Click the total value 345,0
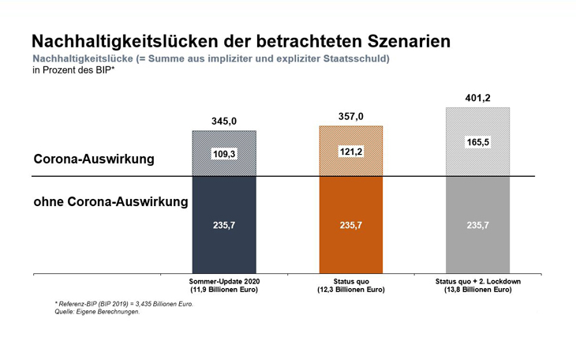click(x=224, y=122)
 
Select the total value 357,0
click(x=350, y=117)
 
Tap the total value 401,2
click(x=477, y=99)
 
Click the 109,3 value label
click(x=224, y=153)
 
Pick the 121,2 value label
click(x=350, y=151)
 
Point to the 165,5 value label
click(x=477, y=142)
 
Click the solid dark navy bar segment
click(x=224, y=245)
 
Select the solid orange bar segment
click(x=350, y=245)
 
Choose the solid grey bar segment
click(x=477, y=245)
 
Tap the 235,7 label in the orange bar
click(x=350, y=225)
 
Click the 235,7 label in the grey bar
click(x=477, y=225)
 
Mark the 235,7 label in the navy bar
click(x=224, y=225)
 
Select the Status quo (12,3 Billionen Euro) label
click(x=350, y=286)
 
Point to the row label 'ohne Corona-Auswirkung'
click(x=110, y=201)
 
